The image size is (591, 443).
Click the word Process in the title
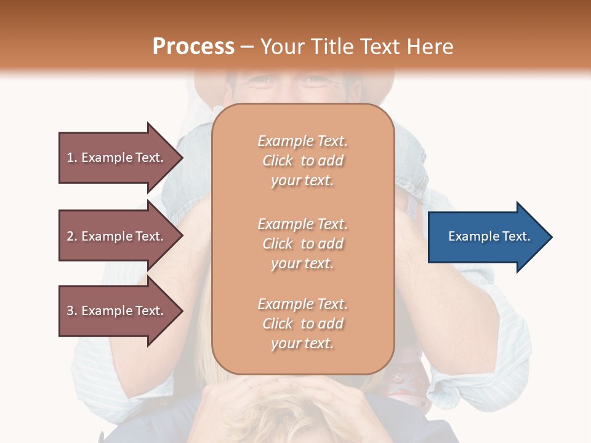[193, 47]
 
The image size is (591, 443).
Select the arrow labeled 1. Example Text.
[117, 158]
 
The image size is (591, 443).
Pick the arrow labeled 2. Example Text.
[117, 236]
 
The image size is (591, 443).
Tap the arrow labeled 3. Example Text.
[117, 311]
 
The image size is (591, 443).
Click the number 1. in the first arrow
[72, 158]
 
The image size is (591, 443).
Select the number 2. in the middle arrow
[72, 236]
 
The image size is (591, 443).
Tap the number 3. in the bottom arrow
[72, 311]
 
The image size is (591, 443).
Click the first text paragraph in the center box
[302, 161]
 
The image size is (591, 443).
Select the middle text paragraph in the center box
[302, 244]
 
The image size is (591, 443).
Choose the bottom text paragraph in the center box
[302, 324]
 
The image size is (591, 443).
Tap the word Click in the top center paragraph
[278, 161]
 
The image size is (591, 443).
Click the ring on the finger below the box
[247, 383]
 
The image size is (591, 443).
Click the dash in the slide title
[247, 47]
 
